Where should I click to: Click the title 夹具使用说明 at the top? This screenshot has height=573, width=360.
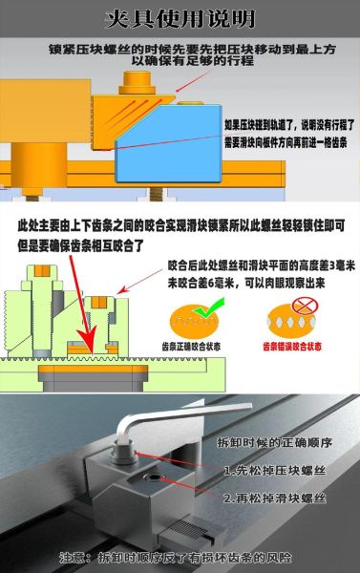point(179,18)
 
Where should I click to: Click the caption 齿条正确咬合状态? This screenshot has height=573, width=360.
point(199,345)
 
